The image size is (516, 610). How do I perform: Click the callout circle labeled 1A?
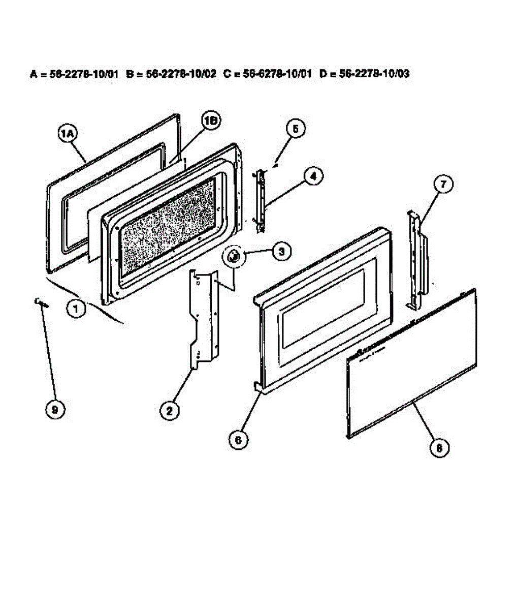[67, 133]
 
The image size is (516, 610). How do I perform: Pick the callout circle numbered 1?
[76, 309]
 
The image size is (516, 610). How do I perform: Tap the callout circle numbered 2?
[170, 409]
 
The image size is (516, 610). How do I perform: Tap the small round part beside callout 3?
[234, 257]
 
